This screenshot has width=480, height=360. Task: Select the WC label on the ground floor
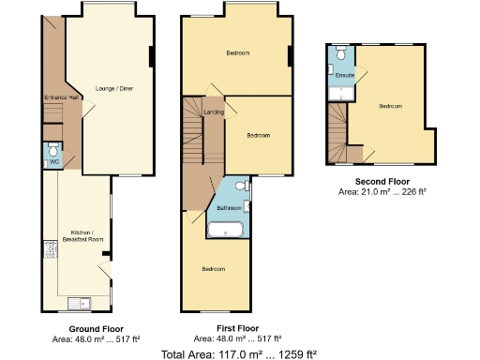click(53, 162)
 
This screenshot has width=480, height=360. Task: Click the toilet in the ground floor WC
click(53, 150)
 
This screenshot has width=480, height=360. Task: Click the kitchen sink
click(83, 302)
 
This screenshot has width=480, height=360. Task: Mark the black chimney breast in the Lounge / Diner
click(155, 57)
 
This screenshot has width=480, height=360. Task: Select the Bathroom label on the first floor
click(229, 206)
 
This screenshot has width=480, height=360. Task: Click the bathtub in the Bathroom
click(225, 229)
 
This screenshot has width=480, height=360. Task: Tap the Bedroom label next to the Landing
click(258, 136)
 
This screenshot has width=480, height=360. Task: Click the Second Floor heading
click(381, 180)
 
